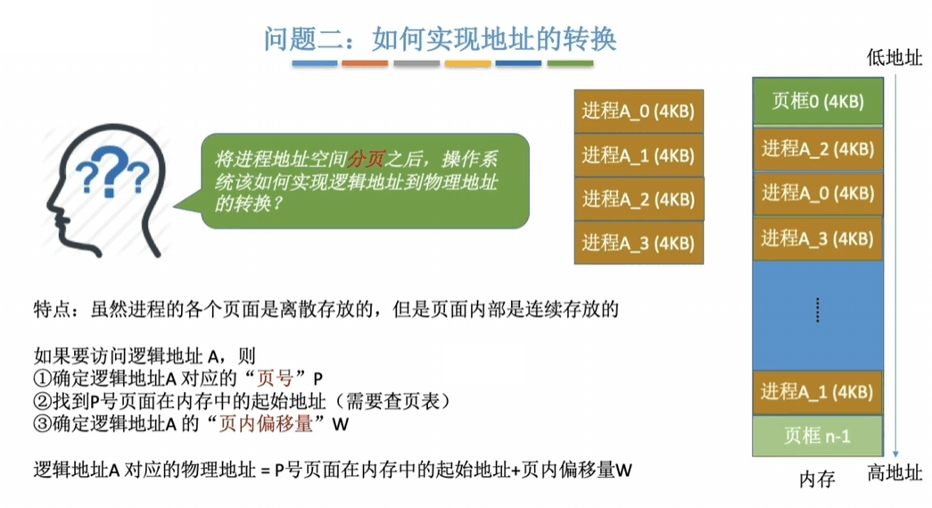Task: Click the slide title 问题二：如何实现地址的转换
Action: [x=440, y=38]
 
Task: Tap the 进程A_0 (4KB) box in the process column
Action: [x=638, y=111]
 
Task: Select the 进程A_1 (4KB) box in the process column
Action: [x=638, y=154]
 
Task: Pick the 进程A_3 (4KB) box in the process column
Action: [x=638, y=242]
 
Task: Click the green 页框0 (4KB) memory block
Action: [x=818, y=101]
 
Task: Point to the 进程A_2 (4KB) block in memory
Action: [x=818, y=148]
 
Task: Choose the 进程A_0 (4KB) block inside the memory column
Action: [x=818, y=193]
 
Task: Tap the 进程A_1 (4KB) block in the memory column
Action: [x=818, y=392]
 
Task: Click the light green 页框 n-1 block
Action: [x=818, y=436]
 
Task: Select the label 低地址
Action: [x=895, y=58]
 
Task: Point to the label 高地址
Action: [x=895, y=474]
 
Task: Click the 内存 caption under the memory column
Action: [x=817, y=479]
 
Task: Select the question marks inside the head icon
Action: [x=111, y=173]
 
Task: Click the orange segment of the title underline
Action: [x=365, y=63]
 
